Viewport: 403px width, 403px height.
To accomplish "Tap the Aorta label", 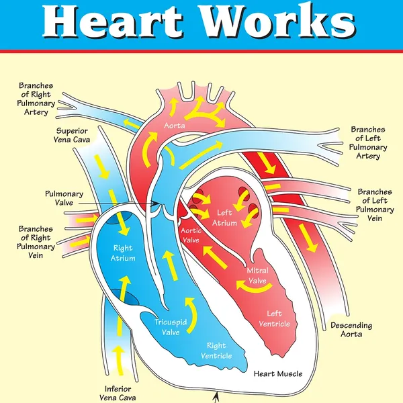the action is click(x=175, y=126).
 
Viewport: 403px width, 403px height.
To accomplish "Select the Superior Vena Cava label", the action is click(x=72, y=135).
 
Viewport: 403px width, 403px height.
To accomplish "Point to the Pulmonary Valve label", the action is click(x=64, y=198).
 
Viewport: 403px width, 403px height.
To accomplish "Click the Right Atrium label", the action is click(x=123, y=253).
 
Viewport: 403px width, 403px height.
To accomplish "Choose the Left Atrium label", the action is click(x=224, y=218).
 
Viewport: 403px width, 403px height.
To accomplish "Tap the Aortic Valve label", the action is click(x=191, y=235).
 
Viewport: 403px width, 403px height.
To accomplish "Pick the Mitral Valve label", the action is click(x=257, y=275).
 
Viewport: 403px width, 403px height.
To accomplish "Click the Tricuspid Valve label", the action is click(x=171, y=327).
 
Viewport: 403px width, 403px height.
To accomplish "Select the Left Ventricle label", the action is click(x=274, y=318).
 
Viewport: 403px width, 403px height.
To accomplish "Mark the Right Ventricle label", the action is click(x=216, y=351).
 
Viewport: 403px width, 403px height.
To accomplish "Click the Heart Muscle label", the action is click(x=278, y=373).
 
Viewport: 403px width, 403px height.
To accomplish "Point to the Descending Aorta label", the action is click(x=351, y=330).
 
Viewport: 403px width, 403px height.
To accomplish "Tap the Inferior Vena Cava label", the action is click(x=118, y=393).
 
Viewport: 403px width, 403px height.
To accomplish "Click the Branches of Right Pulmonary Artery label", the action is click(x=36, y=99).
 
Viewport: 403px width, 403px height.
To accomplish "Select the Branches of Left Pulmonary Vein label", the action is click(x=375, y=205).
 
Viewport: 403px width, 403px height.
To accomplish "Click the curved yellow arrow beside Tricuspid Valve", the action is click(x=192, y=315).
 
